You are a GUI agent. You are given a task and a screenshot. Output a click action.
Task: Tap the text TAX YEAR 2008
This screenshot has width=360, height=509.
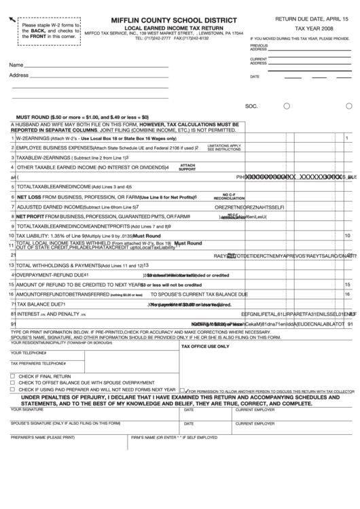click(313, 30)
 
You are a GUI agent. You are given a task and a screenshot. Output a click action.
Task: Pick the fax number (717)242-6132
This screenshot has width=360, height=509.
click(195, 39)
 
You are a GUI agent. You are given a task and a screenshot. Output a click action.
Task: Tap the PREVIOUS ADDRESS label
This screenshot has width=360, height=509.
click(259, 48)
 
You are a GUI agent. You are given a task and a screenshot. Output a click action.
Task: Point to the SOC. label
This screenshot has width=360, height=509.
click(251, 107)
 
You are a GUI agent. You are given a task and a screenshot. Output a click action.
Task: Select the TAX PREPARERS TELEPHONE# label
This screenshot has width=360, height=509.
click(38, 364)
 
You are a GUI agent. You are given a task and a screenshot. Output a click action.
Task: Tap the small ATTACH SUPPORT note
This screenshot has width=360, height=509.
click(187, 166)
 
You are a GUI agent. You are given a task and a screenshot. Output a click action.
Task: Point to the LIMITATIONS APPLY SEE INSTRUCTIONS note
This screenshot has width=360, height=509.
click(223, 147)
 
